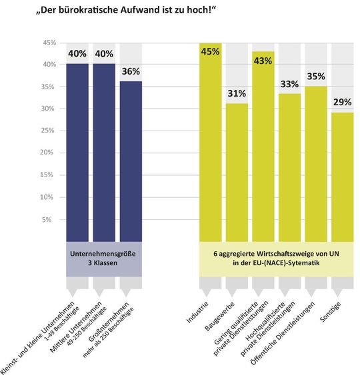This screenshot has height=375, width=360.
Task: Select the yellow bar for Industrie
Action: click(x=211, y=147)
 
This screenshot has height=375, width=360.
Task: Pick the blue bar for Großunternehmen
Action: click(x=130, y=160)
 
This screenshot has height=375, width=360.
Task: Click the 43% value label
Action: click(x=263, y=61)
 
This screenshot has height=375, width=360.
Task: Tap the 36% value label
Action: click(x=130, y=71)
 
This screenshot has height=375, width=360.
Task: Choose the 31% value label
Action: click(x=237, y=93)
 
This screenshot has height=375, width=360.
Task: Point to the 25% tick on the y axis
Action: click(x=49, y=131)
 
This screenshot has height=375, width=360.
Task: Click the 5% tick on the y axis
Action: click(x=51, y=219)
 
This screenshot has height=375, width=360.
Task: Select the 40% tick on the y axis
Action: click(x=49, y=65)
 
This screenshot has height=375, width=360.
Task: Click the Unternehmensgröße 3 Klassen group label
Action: click(x=104, y=258)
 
